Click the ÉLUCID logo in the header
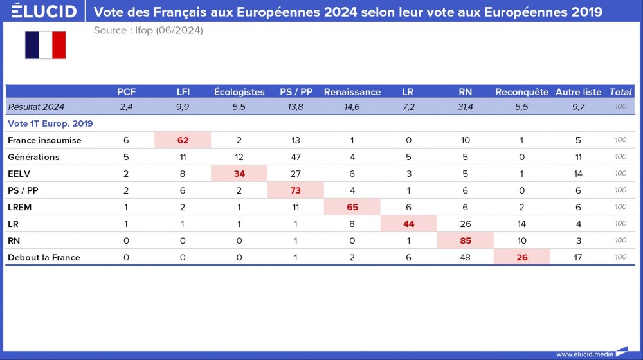coord(44,12)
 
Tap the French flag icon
coord(46,45)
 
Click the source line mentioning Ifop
coord(148,30)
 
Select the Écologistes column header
coord(239,92)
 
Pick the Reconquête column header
coord(521,92)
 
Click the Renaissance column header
coord(352,92)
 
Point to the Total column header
coord(620,92)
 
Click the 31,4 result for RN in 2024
coord(465,107)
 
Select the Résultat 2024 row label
coord(36,107)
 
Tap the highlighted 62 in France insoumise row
coord(183,140)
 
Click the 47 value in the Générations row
coord(296,157)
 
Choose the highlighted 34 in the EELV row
coord(239,174)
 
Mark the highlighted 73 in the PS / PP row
coord(296,190)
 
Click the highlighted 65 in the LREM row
coord(352,207)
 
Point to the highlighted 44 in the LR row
coord(408,224)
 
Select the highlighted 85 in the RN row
coord(465,240)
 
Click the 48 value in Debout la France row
coord(465,257)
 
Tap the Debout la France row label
coord(44,257)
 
